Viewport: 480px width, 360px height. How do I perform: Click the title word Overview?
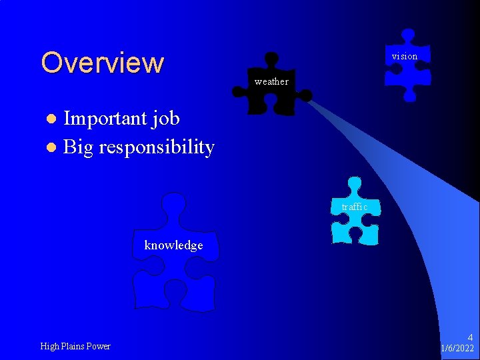point(102,63)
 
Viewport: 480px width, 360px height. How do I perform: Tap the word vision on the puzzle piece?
point(405,57)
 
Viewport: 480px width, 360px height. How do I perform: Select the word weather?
point(271,82)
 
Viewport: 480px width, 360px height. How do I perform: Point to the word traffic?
point(355,207)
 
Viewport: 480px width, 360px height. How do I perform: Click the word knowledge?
point(173,245)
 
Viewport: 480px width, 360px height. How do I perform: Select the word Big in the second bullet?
point(78,147)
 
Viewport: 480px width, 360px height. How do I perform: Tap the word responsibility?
point(157,147)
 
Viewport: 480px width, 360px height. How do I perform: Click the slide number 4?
point(470,337)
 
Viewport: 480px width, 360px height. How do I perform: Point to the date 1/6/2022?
point(457,349)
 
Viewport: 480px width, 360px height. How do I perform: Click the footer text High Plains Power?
point(75,346)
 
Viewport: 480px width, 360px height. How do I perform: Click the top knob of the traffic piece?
point(355,183)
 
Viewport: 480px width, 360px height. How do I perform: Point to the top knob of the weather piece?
point(271,59)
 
